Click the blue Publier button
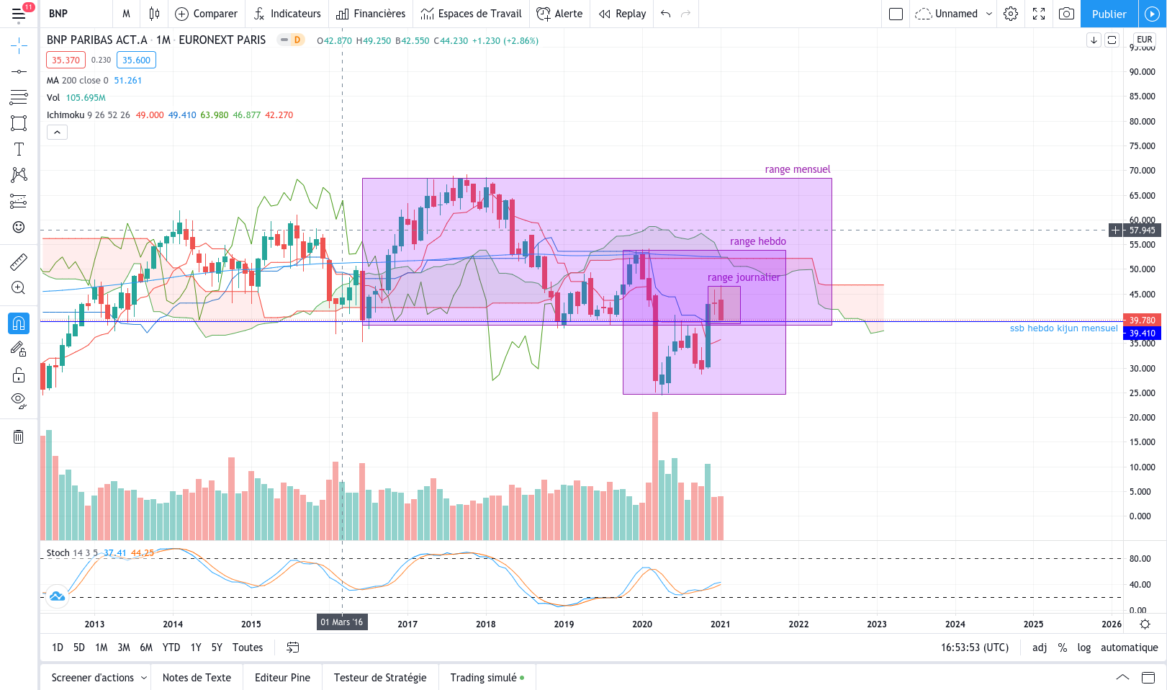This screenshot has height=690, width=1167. (1109, 14)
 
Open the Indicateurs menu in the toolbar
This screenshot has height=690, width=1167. (287, 14)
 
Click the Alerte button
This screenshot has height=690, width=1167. (559, 14)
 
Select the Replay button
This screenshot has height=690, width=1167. (623, 14)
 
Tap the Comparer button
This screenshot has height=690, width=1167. (207, 14)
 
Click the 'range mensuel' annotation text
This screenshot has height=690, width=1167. (797, 169)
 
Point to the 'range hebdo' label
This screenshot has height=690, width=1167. (757, 241)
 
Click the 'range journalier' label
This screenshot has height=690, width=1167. (744, 277)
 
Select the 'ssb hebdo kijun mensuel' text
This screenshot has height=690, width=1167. (1063, 328)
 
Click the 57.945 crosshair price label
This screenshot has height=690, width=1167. (1142, 230)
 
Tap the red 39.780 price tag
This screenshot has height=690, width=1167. (1142, 320)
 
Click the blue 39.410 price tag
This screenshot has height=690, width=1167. (1142, 333)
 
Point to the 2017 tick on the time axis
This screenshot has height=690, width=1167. (407, 624)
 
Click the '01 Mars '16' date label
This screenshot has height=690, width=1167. (342, 622)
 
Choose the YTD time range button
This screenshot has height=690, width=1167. (171, 648)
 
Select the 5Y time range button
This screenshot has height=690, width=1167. (217, 648)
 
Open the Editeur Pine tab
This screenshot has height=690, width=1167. (282, 678)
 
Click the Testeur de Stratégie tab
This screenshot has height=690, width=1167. (380, 678)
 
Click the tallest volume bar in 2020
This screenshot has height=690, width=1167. (655, 476)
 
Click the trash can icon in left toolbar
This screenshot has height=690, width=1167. (18, 436)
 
